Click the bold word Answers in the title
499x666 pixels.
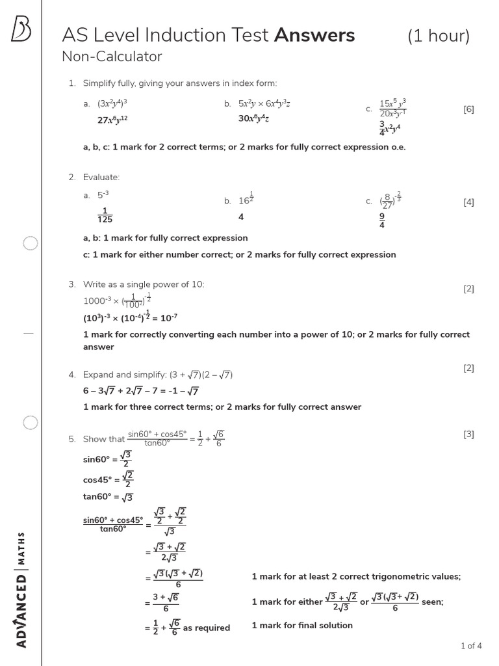[x=314, y=35]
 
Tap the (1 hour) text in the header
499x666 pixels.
[x=439, y=36]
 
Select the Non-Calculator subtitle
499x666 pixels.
[x=112, y=57]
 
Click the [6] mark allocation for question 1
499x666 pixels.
[x=468, y=109]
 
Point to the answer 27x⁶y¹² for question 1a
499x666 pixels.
[x=112, y=120]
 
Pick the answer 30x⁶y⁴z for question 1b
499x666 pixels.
[x=253, y=118]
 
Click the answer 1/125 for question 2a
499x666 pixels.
[x=105, y=215]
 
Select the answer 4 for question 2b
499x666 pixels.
[x=241, y=217]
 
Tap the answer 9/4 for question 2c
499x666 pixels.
[x=382, y=221]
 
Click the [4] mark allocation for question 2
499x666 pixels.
[x=468, y=202]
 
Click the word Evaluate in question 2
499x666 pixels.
[x=101, y=177]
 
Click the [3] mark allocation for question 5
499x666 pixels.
[x=468, y=434]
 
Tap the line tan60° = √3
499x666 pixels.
[x=108, y=498]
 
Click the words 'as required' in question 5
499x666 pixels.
[x=207, y=628]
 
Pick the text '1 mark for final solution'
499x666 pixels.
[x=302, y=625]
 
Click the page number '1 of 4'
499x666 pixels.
[x=471, y=646]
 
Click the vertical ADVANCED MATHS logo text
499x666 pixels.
[x=21, y=589]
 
